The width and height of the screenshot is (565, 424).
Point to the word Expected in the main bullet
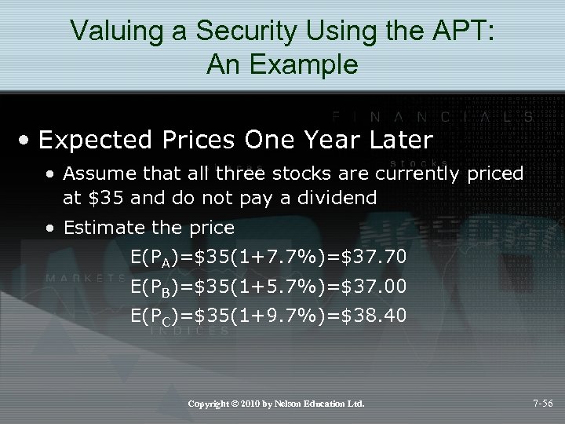(x=94, y=140)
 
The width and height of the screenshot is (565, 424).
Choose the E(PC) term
(x=156, y=316)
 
